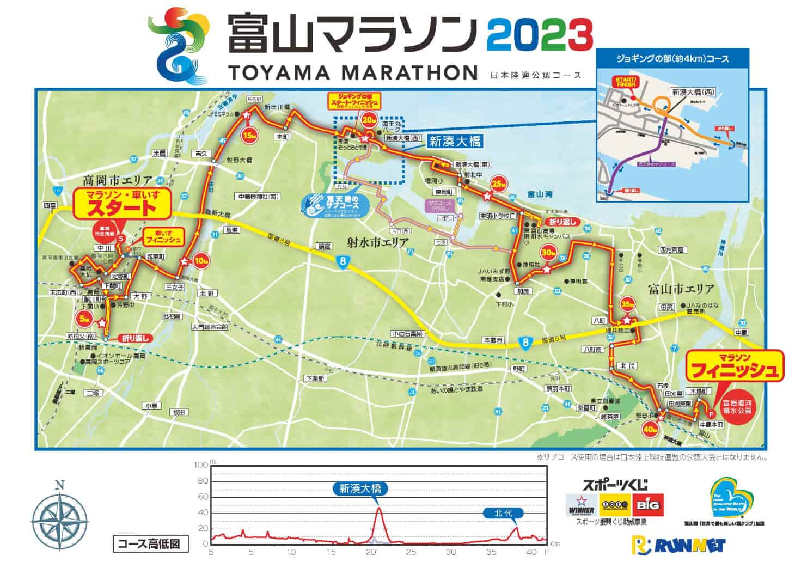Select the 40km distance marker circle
[649, 430]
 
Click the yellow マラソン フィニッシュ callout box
[734, 365]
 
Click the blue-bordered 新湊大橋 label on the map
[455, 142]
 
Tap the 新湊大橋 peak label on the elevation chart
[360, 488]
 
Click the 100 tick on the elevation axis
[201, 465]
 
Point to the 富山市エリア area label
[681, 289]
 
